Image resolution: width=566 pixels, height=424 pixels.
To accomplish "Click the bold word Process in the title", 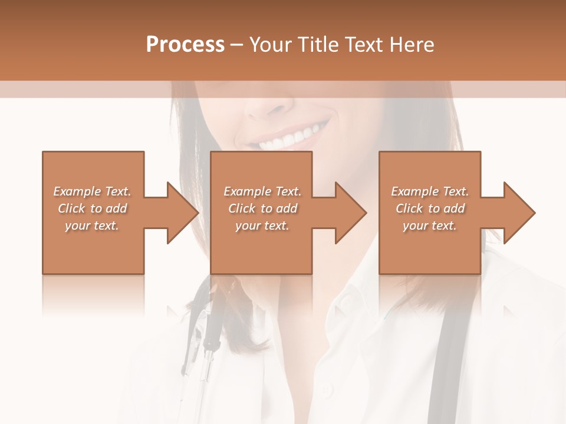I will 185,45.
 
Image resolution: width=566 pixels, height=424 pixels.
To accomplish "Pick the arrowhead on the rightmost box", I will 518,213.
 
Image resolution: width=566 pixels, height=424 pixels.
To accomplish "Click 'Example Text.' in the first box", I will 92,191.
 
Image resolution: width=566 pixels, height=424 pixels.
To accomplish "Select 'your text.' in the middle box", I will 262,226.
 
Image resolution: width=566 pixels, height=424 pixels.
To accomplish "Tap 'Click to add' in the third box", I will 430,208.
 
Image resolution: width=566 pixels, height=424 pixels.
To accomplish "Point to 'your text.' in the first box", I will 92,226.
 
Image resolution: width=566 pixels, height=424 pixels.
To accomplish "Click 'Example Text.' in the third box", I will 430,191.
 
